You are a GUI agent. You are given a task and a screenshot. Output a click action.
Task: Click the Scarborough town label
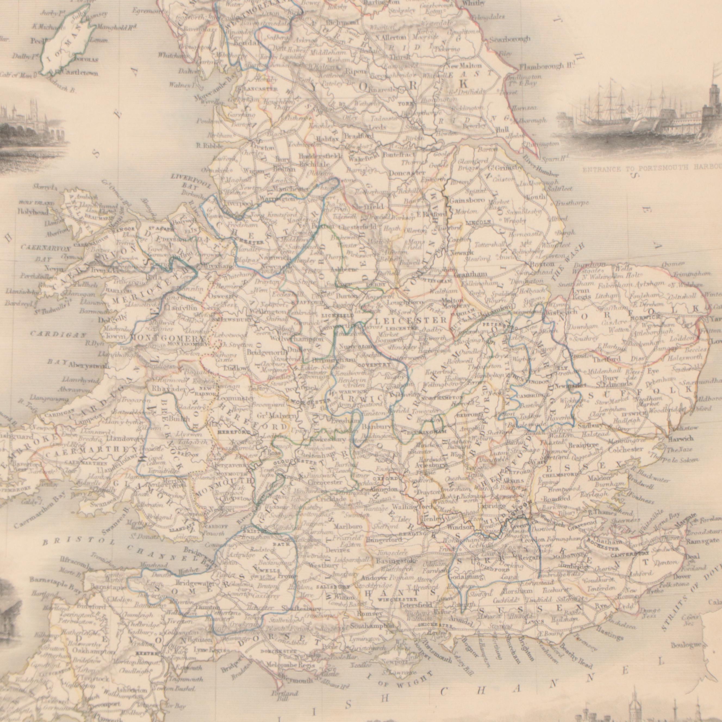[x=509, y=39]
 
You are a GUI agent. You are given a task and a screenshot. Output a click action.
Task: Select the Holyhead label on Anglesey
[x=33, y=211]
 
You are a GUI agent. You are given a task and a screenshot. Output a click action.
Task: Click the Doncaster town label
[x=407, y=173]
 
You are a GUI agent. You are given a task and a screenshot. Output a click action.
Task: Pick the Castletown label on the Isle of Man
[x=77, y=73]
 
